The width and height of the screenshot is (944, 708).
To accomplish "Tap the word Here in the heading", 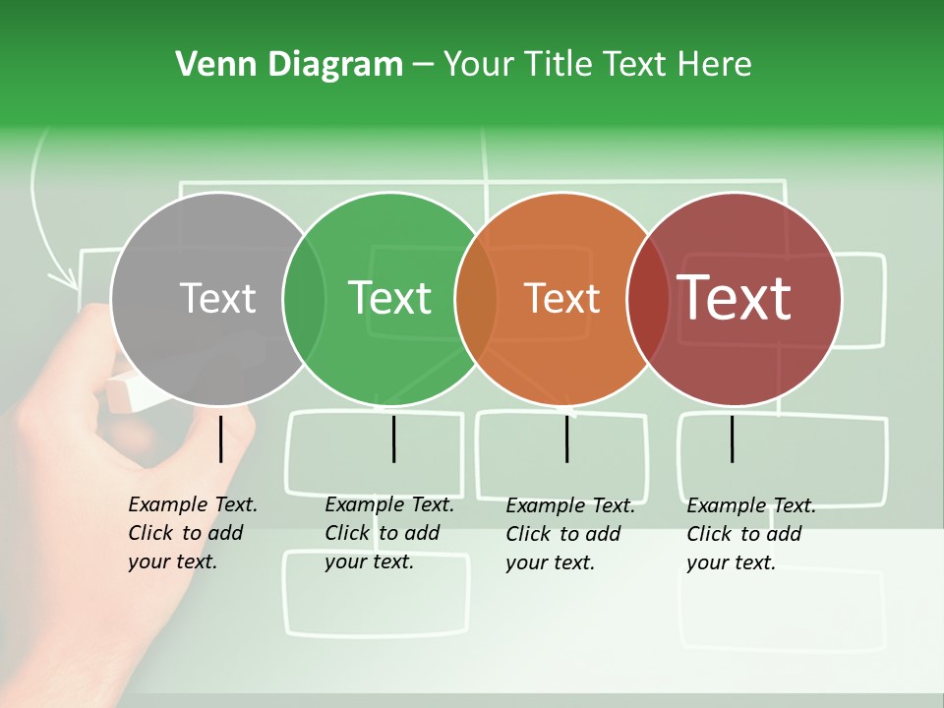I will [714, 65].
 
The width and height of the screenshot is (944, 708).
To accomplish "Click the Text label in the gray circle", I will [217, 298].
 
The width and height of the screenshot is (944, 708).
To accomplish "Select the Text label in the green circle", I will [390, 298].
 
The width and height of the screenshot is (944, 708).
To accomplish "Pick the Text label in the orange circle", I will [562, 298].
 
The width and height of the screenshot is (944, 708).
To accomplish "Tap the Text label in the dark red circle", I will [735, 298].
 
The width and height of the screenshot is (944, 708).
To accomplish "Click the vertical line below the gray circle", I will [220, 439].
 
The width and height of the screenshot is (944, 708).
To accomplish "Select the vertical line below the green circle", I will [393, 439].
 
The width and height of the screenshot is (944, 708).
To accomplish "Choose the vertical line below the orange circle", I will [566, 439].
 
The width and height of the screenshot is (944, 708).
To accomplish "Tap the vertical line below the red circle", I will [732, 439].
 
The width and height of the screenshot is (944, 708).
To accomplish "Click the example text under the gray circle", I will [192, 533].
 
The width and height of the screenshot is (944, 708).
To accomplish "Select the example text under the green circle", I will [388, 533].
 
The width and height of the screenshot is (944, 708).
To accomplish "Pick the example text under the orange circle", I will [569, 534].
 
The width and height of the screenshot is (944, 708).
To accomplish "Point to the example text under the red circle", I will [750, 534].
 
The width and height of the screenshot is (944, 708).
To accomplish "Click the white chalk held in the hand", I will [138, 393].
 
